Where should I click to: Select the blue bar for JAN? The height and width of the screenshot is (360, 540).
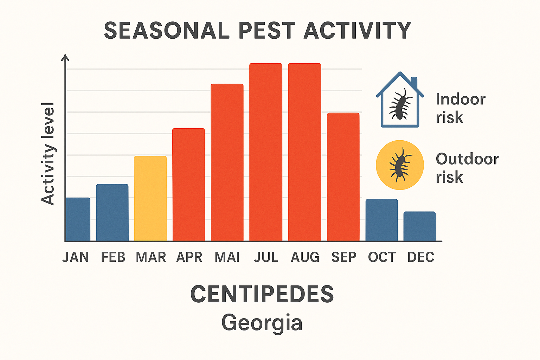tap(78, 219)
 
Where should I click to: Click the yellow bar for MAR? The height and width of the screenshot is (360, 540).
tap(150, 199)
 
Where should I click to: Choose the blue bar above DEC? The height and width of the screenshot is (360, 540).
tap(419, 226)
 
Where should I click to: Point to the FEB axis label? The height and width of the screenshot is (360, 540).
tap(113, 257)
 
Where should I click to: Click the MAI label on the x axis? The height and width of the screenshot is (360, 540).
tap(227, 257)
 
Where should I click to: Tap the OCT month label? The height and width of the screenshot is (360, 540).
tap(382, 257)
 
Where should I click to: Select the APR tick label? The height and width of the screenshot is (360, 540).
tap(189, 257)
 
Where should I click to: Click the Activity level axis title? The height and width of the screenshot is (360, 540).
tap(48, 154)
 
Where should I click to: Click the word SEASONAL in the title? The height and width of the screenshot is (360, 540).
tap(167, 31)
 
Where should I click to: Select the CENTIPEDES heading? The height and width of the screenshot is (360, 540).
tap(262, 294)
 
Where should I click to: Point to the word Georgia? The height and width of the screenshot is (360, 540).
tap(262, 322)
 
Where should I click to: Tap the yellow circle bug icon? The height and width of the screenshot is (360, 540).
tap(400, 165)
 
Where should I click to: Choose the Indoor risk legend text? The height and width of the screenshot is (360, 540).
tap(460, 108)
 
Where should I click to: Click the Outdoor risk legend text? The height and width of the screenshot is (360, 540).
tap(467, 168)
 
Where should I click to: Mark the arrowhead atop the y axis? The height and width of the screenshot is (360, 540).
tap(65, 57)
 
